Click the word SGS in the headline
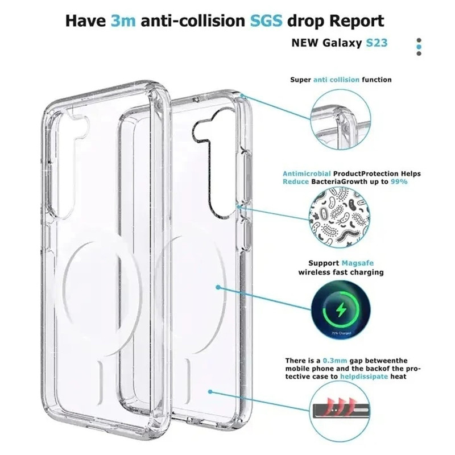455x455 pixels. (x=266, y=20)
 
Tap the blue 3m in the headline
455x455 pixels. (x=123, y=20)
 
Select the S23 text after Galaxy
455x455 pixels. (x=377, y=43)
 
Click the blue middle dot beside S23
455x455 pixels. (x=419, y=47)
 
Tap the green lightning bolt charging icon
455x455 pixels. (x=341, y=310)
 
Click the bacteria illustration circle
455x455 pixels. (x=339, y=217)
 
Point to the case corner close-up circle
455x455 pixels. (x=341, y=119)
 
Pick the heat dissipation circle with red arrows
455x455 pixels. (x=340, y=412)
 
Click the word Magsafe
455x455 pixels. (x=358, y=263)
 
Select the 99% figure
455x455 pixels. (x=399, y=181)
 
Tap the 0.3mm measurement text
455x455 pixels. (x=335, y=361)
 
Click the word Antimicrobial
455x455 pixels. (x=307, y=173)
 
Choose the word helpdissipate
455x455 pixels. (x=364, y=377)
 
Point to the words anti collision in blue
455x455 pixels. (x=336, y=80)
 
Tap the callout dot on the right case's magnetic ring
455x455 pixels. (x=218, y=287)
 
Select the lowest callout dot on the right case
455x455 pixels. (x=210, y=392)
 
